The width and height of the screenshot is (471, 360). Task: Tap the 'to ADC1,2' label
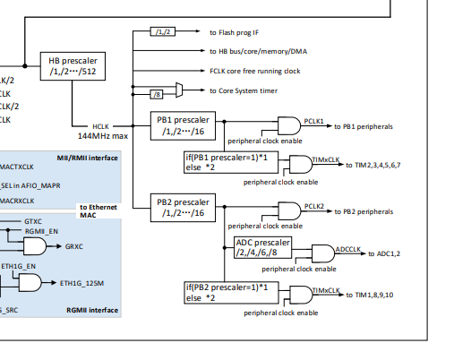387,254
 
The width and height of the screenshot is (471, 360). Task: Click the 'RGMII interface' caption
93,310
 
